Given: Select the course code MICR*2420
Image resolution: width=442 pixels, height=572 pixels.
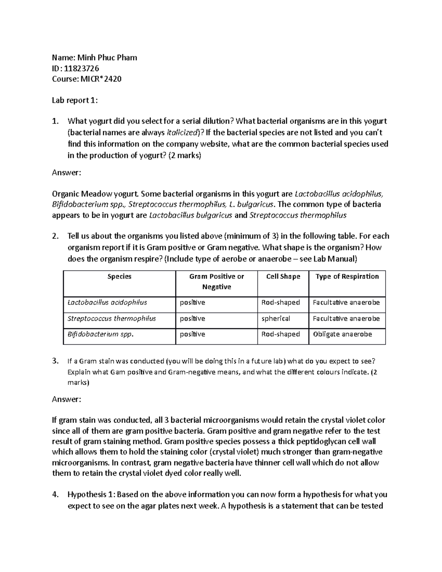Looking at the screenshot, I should [x=101, y=79].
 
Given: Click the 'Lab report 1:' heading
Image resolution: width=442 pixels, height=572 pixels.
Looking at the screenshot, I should [x=75, y=100].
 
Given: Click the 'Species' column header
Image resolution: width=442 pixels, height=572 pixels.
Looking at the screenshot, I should [x=119, y=277].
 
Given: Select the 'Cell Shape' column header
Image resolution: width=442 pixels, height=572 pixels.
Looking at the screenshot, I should [x=283, y=277].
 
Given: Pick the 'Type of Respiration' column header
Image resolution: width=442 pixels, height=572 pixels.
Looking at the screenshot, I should [x=347, y=277].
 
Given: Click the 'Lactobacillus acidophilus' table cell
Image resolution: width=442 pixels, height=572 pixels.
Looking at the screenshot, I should [x=107, y=303].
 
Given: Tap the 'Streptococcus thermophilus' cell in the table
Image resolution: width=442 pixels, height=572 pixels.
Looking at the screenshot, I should [x=112, y=319].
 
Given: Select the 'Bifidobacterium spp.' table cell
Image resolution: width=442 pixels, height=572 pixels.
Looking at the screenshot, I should [x=101, y=334].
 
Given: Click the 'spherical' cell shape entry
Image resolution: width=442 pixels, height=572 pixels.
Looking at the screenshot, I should [x=276, y=319].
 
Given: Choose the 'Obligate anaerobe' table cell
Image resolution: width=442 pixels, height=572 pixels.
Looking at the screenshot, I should [x=342, y=334].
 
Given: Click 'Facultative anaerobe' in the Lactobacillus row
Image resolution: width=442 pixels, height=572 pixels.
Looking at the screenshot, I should [x=346, y=303].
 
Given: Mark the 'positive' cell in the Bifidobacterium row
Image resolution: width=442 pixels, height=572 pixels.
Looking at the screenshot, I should [x=192, y=334].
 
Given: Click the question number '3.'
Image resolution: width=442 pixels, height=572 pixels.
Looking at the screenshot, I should [x=55, y=361].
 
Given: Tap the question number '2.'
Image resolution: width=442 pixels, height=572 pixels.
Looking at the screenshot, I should [x=55, y=236].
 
